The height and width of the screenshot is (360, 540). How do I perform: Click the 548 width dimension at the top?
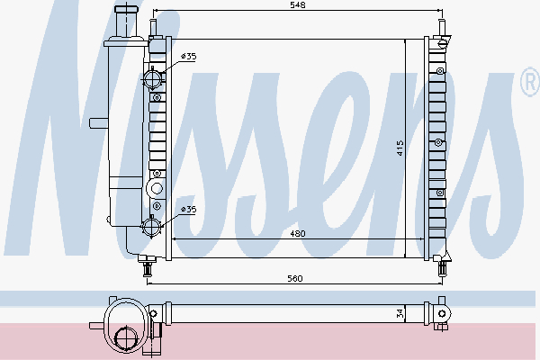pyautogui.click(x=296, y=5)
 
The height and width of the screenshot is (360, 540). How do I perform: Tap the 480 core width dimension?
pyautogui.click(x=296, y=233)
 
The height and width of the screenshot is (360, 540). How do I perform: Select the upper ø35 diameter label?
pyautogui.click(x=188, y=57)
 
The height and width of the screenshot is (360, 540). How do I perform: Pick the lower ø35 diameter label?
pyautogui.click(x=188, y=210)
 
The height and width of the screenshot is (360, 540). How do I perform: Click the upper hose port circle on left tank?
pyautogui.click(x=154, y=79)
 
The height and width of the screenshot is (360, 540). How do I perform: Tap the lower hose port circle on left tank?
pyautogui.click(x=154, y=225)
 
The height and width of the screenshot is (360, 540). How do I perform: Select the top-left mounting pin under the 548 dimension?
pyautogui.click(x=154, y=27)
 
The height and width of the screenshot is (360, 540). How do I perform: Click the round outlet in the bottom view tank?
pyautogui.click(x=127, y=338)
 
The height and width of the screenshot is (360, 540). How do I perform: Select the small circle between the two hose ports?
pyautogui.click(x=157, y=188)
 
